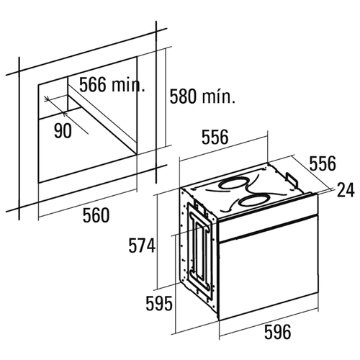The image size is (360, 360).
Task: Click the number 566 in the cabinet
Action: (x=93, y=84)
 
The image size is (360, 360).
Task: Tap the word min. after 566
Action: (x=129, y=84)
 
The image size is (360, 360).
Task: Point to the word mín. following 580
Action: (x=218, y=96)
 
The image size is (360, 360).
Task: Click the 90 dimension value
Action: (x=63, y=131)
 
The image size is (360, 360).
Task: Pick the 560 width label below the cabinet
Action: (x=96, y=215)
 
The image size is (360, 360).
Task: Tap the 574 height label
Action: (x=142, y=246)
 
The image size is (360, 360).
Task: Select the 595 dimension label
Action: (x=159, y=304)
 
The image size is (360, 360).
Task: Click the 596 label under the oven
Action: (x=277, y=332)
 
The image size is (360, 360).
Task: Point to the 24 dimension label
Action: (x=346, y=190)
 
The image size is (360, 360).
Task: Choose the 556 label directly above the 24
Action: (x=323, y=163)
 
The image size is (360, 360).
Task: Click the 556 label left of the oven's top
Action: (x=215, y=137)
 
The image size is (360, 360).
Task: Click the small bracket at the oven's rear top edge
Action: (x=291, y=179)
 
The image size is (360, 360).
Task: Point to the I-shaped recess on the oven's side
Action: (x=199, y=251)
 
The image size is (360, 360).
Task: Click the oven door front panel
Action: (x=269, y=269)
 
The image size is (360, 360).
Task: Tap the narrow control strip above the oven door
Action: (x=269, y=218)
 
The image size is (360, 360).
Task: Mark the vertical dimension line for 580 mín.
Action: (x=166, y=98)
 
